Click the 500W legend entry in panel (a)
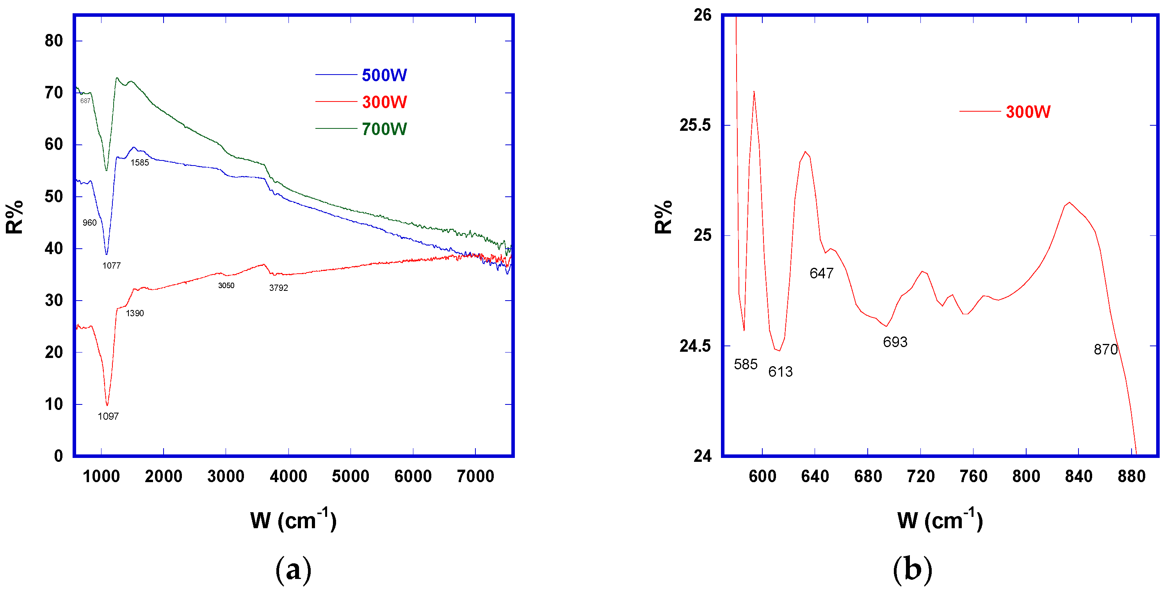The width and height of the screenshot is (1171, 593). (384, 75)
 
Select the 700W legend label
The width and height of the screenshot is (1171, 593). (384, 129)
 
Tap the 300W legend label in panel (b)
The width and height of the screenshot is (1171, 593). (1028, 112)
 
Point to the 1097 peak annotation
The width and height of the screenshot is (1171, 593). (108, 416)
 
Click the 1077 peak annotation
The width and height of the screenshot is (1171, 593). (111, 265)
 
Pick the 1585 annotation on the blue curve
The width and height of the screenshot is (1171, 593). (140, 163)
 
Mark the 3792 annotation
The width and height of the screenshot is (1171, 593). (279, 288)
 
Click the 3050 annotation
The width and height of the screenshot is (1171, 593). (226, 286)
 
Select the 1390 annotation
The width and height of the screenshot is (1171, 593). (135, 313)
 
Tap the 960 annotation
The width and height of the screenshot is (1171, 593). (89, 223)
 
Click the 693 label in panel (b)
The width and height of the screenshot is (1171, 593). (895, 342)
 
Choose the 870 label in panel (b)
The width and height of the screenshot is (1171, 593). (1105, 349)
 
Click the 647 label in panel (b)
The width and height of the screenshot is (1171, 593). (821, 273)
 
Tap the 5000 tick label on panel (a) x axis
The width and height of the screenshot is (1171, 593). (350, 477)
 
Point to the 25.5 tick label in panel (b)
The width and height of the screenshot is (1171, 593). (695, 125)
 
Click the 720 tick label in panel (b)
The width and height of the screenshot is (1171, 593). (920, 477)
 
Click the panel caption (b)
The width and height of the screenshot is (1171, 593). (912, 568)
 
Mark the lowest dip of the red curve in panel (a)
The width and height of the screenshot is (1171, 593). (107, 405)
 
